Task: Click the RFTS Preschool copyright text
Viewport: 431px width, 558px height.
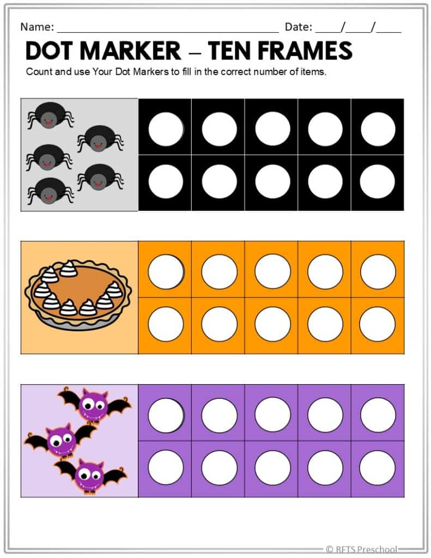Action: pos(361,549)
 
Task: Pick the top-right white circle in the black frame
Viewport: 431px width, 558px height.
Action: pos(378,129)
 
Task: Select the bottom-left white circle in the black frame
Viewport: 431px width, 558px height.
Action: pos(166,181)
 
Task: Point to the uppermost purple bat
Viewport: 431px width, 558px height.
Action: pos(93,404)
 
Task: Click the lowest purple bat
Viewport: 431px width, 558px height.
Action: pos(90,475)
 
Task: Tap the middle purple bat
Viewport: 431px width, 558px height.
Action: pos(60,440)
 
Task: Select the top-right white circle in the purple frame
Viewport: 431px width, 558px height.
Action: pos(378,415)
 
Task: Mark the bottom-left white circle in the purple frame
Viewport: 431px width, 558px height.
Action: pos(166,468)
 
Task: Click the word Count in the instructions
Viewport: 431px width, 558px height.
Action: pos(39,72)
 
